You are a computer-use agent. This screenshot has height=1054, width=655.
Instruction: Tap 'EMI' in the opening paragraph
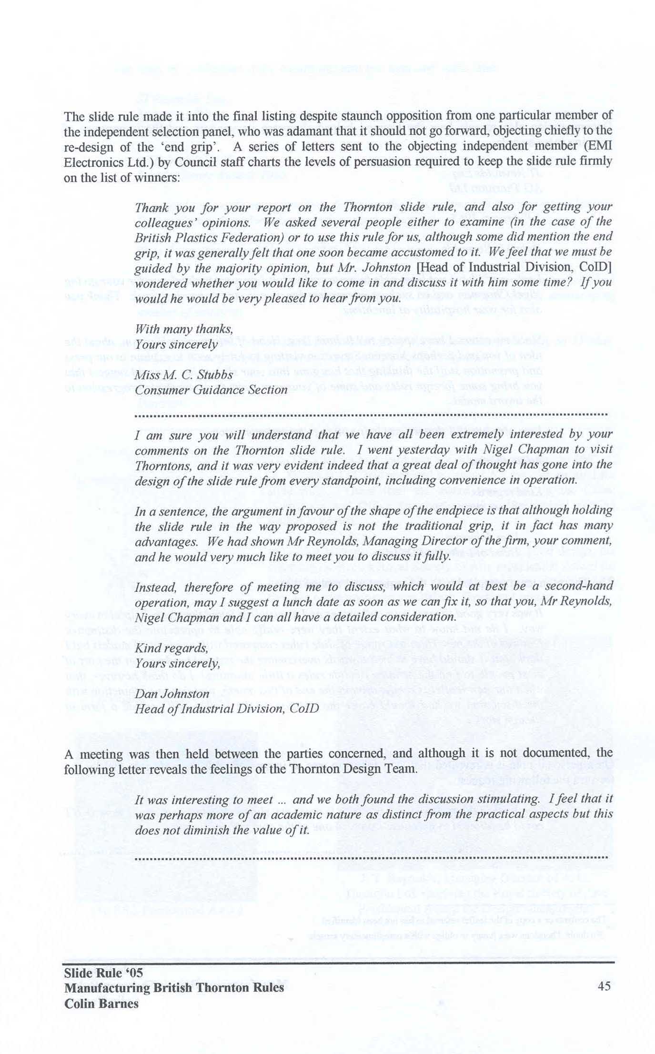point(599,146)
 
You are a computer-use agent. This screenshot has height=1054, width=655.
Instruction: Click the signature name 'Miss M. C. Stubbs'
point(184,375)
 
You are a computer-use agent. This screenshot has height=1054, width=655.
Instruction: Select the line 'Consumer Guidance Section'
point(211,390)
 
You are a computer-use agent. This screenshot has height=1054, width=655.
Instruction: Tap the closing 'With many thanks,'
point(184,329)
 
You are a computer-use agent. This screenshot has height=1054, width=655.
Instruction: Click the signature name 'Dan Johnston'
point(172,694)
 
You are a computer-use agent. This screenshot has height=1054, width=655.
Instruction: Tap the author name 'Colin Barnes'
point(101,1003)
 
